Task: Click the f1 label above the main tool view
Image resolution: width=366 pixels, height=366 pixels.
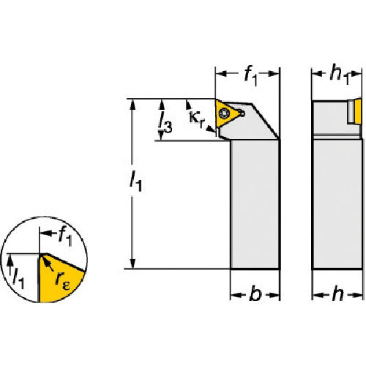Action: (250, 76)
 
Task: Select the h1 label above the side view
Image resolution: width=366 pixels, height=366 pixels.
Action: (339, 75)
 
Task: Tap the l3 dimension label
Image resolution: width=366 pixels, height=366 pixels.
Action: (165, 123)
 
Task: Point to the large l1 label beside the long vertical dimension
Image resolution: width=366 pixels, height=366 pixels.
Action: (135, 181)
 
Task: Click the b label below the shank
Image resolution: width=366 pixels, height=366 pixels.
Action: (255, 294)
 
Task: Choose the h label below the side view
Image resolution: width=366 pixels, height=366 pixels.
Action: (337, 294)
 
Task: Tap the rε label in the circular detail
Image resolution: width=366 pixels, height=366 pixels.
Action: (62, 280)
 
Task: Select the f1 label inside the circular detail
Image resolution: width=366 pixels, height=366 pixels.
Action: (65, 236)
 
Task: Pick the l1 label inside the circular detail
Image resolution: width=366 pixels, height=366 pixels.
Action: (18, 278)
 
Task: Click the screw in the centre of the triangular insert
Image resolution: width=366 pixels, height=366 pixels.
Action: (223, 113)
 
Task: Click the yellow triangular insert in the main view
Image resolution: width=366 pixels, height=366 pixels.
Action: (225, 113)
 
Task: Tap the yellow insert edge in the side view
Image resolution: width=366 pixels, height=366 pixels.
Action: (358, 111)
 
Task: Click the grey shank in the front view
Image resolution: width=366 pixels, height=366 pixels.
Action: (255, 204)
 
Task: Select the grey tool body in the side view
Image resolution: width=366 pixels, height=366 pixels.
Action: (337, 204)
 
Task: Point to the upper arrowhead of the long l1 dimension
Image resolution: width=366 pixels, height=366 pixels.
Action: (132, 104)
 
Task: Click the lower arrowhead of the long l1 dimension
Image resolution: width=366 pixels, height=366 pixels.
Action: (132, 264)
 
